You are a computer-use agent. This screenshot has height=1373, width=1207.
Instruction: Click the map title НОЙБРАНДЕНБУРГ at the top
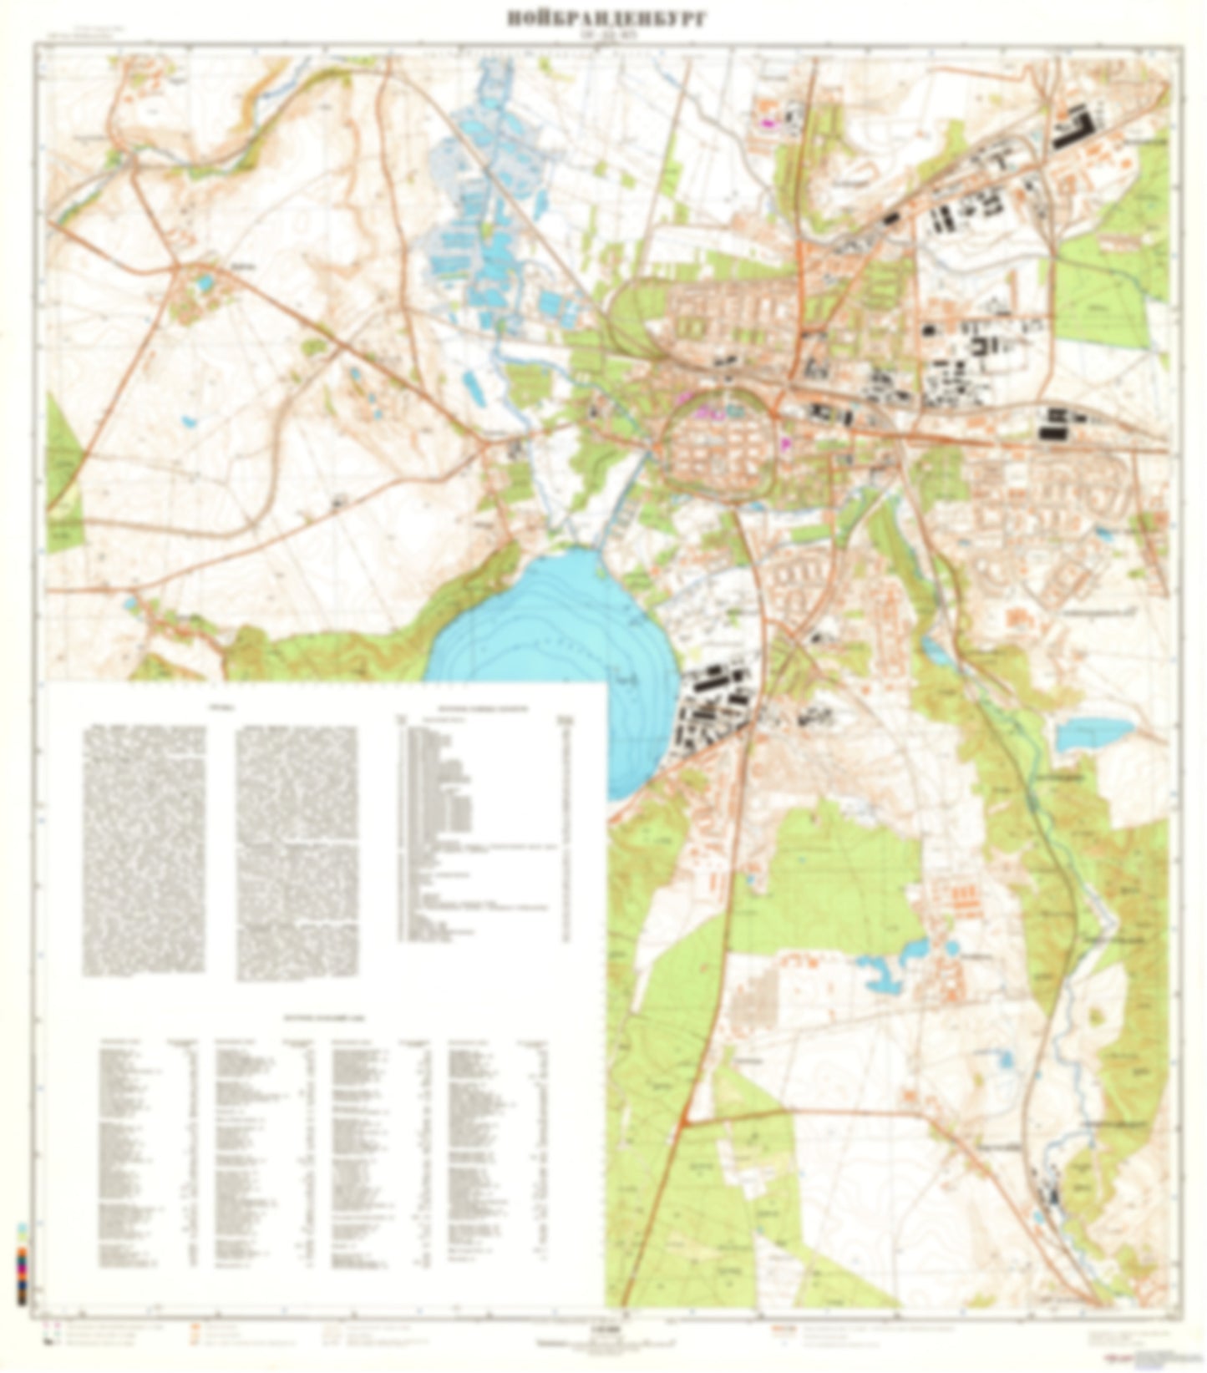606,18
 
